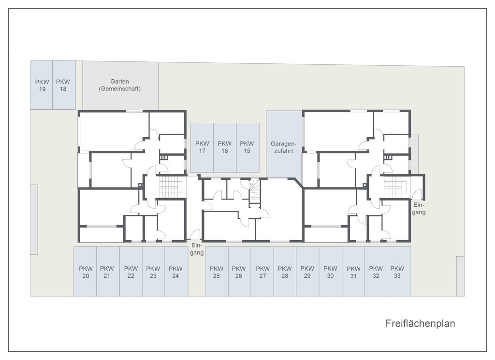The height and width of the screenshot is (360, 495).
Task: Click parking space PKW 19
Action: tap(41, 85)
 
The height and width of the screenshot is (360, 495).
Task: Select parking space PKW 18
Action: tap(63, 85)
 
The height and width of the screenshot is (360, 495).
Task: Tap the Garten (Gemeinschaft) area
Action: tap(119, 85)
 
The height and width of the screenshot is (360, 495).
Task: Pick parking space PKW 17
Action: tap(202, 147)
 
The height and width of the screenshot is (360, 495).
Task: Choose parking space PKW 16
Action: tap(224, 147)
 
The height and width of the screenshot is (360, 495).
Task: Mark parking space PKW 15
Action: tap(247, 147)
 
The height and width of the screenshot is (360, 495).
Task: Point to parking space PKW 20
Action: tap(85, 272)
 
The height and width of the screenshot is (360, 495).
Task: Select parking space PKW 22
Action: tap(131, 272)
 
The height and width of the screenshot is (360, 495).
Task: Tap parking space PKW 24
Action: tap(176, 272)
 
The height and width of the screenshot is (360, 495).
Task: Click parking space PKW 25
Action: tap(217, 272)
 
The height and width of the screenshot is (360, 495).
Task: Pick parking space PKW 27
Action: tap(262, 272)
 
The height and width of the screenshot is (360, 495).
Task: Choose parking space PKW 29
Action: tap(307, 272)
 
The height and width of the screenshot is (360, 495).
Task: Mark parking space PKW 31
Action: tap(353, 272)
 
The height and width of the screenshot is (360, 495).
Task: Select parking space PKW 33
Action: tap(398, 272)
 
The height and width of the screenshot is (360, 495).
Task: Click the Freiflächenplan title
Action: tap(420, 323)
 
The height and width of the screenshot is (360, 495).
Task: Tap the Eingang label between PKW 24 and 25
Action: tap(196, 248)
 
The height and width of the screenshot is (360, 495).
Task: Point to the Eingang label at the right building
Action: tap(419, 208)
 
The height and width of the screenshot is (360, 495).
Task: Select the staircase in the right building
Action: tap(393, 187)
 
